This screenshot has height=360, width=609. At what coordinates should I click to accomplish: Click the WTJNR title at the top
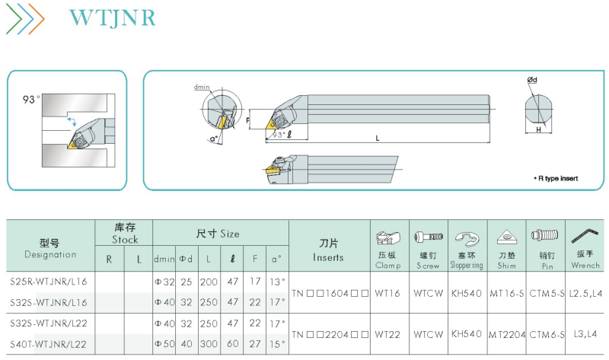tap(112, 18)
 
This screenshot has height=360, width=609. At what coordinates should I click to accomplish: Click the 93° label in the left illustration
tap(31, 100)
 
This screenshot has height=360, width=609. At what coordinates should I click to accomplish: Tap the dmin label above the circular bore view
tap(202, 87)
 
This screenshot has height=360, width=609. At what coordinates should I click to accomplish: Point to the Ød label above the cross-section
tap(532, 80)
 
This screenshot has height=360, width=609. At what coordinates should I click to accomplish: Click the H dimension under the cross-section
tap(538, 129)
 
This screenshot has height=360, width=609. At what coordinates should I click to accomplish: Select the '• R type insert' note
tap(556, 178)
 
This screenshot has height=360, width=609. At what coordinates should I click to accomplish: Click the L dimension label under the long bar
tap(377, 138)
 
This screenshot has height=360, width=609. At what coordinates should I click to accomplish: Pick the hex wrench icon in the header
tap(585, 237)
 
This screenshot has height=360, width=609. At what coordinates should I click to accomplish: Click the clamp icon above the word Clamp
tap(388, 237)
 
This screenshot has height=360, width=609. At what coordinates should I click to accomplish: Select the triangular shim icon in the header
tap(506, 237)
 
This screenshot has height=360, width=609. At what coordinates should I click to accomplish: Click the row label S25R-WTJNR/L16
tap(49, 282)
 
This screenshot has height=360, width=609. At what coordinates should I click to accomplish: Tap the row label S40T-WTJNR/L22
tap(49, 344)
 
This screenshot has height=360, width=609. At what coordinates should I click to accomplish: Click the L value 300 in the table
tap(209, 344)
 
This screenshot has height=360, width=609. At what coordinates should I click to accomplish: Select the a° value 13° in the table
tap(277, 282)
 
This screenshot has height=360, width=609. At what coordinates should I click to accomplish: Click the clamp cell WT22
tap(387, 334)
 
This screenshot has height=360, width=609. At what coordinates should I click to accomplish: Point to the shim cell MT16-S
tap(506, 293)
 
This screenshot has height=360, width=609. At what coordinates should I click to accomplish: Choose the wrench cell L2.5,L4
tap(585, 293)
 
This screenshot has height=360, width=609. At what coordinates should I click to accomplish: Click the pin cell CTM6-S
tap(547, 334)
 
